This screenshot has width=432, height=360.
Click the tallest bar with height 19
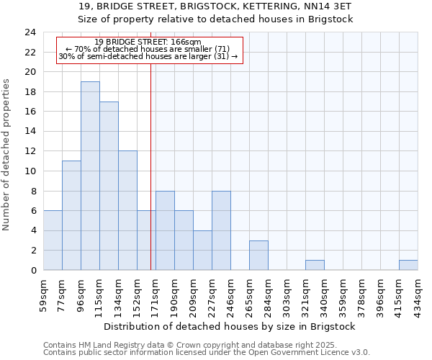click(x=90, y=176)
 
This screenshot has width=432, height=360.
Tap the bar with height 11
click(x=71, y=215)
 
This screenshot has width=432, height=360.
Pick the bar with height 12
click(x=127, y=210)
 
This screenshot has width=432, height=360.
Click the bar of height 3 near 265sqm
click(x=258, y=255)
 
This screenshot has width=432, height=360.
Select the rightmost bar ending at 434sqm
click(x=408, y=265)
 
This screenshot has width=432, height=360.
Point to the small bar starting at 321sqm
click(x=315, y=265)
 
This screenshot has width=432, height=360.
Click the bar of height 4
click(x=202, y=250)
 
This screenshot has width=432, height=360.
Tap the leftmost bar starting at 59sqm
click(x=53, y=240)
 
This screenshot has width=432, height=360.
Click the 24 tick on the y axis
click(x=30, y=32)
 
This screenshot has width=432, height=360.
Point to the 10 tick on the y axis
click(x=30, y=171)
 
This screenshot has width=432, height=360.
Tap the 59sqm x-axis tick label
click(x=44, y=294)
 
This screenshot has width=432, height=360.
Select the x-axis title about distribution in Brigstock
click(x=230, y=326)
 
